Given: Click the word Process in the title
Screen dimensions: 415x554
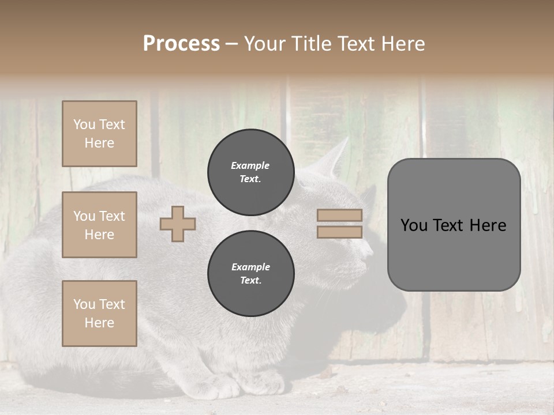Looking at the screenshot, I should (x=181, y=44).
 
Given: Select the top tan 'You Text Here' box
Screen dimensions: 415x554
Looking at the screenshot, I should (x=99, y=134).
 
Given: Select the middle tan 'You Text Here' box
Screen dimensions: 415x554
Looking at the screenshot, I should (x=99, y=225).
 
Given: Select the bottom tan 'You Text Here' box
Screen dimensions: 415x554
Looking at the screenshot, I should (x=99, y=314).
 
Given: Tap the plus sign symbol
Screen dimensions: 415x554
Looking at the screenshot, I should (x=178, y=224).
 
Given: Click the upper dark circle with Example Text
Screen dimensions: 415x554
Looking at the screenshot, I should (x=250, y=172).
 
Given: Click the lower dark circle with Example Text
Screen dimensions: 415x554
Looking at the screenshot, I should (x=250, y=273).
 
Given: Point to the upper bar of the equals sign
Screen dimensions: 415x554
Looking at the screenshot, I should (x=339, y=216).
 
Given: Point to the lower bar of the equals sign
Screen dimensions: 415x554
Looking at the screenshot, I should (x=339, y=232).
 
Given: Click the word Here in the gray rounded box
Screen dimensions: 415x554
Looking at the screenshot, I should (x=488, y=225).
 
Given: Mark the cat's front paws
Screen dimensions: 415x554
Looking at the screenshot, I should (x=242, y=383).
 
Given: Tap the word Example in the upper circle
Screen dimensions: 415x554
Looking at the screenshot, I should (x=250, y=165).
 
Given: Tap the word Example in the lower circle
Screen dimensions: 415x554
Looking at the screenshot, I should (x=250, y=267).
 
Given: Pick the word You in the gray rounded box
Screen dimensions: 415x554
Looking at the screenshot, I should (x=414, y=225).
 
